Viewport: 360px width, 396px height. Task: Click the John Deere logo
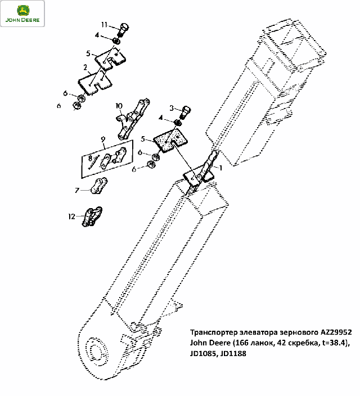tap(22, 13)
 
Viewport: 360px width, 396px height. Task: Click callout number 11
tap(104, 25)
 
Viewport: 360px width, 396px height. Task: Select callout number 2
tap(85, 67)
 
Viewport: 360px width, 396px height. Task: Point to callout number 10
tap(119, 106)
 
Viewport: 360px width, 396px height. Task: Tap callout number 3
tap(172, 109)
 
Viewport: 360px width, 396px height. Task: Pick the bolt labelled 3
tap(185, 113)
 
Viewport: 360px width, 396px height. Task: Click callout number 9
tap(103, 139)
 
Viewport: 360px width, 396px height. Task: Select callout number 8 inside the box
tap(90, 159)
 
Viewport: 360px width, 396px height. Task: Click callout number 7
tap(77, 190)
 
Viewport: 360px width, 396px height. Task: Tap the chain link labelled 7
tap(99, 186)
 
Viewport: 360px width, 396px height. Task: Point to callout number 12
tap(72, 217)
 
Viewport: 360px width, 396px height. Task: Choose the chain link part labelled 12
tap(92, 217)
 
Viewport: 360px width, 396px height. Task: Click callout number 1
tap(220, 168)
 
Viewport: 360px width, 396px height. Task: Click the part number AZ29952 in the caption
tap(336, 332)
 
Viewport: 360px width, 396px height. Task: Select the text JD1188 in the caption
tap(233, 353)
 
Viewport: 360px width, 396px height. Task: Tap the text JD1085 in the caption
tap(204, 354)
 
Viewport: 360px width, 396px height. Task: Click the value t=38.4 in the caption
tap(334, 343)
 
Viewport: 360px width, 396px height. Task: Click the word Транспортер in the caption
tap(214, 332)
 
